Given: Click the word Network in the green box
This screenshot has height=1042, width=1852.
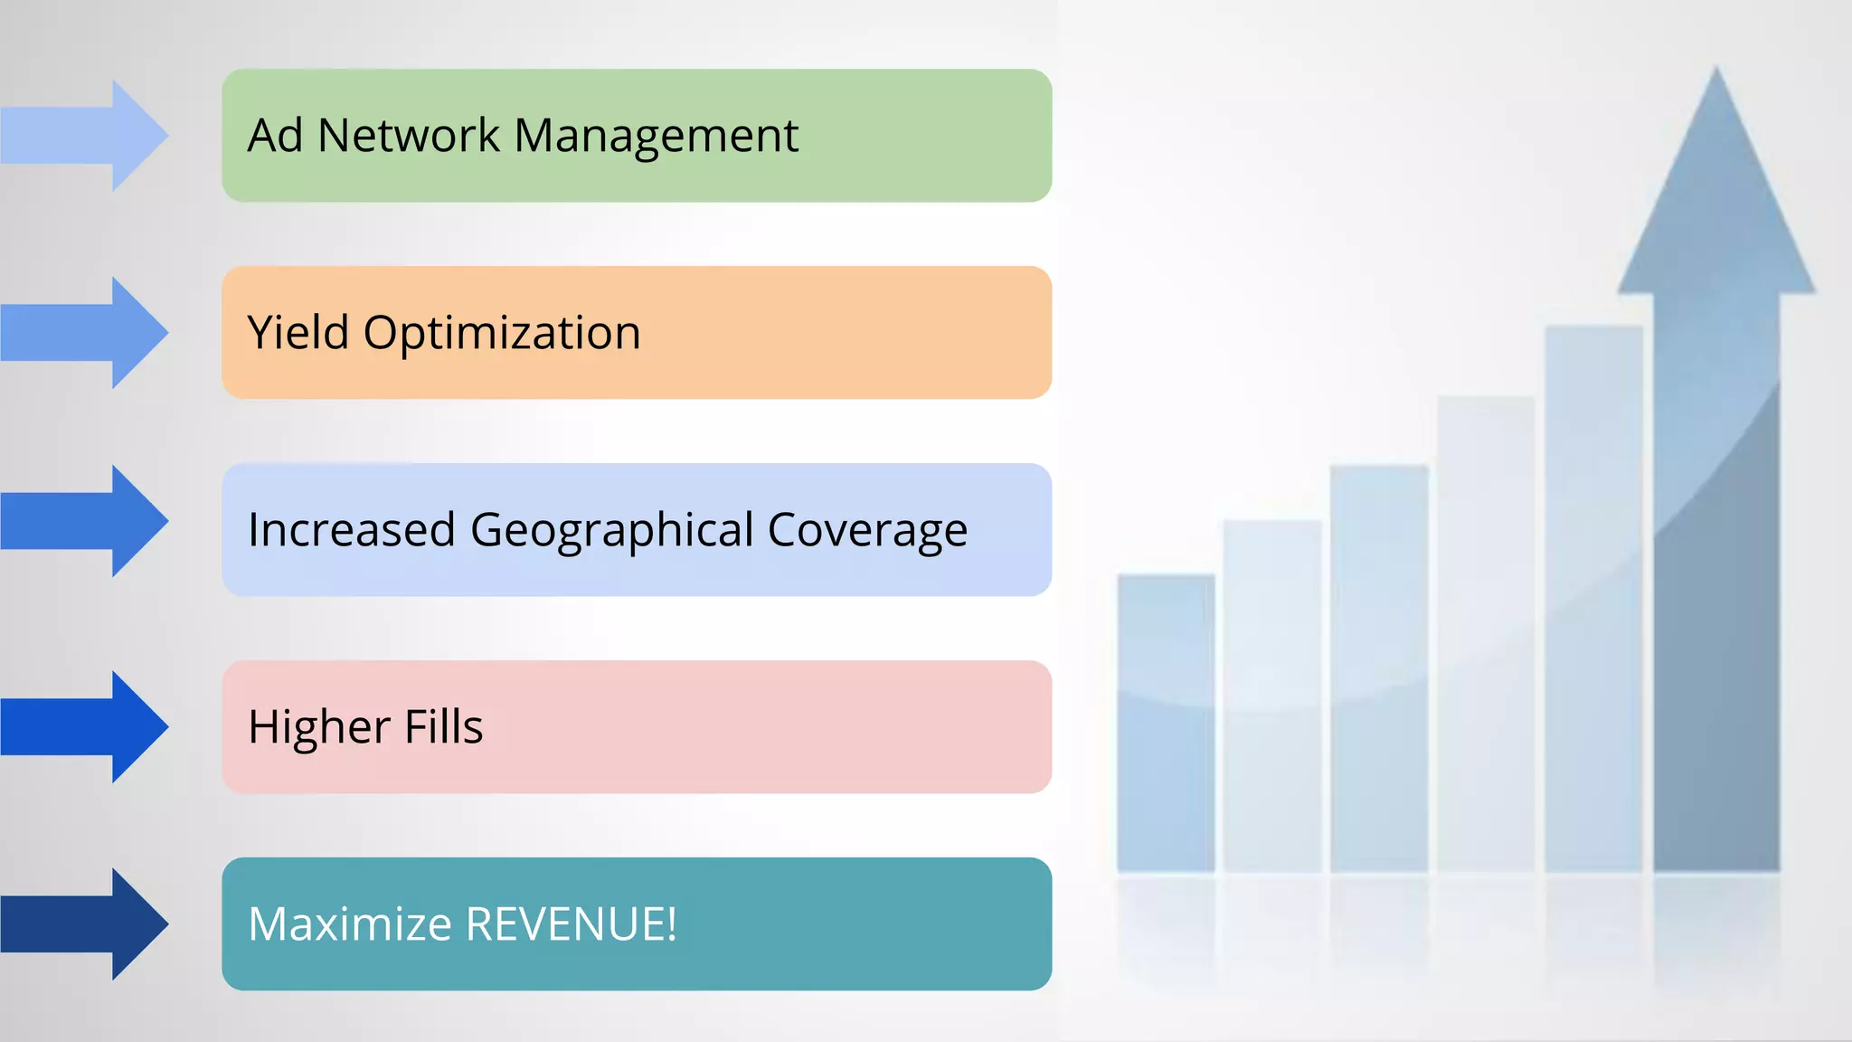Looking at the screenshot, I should [x=408, y=136].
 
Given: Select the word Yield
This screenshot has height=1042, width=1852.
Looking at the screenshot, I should [x=298, y=332].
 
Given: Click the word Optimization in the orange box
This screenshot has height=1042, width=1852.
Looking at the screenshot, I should [x=502, y=334].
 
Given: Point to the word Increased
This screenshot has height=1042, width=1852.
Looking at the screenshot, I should [x=351, y=530].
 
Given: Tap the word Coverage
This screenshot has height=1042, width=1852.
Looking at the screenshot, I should [x=867, y=531].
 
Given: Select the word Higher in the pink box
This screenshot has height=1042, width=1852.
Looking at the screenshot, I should [x=319, y=727].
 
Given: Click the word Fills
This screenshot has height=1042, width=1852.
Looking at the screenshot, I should [x=443, y=726].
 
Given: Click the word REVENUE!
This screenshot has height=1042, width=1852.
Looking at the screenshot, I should [x=571, y=924].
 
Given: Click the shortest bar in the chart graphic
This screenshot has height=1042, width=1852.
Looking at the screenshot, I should [x=1166, y=724].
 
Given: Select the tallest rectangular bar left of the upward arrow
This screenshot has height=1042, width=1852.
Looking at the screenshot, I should [x=1593, y=597].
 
